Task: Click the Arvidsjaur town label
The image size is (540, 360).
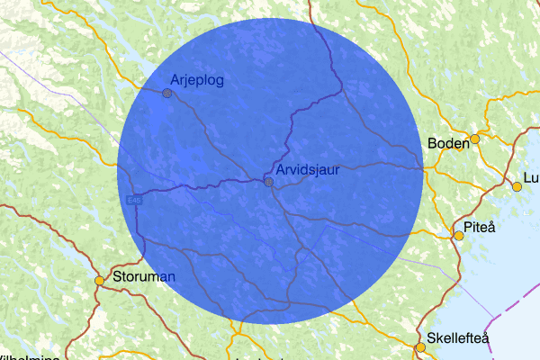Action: (x=309, y=169)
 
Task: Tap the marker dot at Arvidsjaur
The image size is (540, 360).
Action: (x=268, y=182)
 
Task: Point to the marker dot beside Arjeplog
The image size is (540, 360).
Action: (x=166, y=93)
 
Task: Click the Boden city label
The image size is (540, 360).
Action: (x=448, y=142)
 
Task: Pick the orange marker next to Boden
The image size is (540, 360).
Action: (x=475, y=139)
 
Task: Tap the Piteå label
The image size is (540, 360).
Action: (x=479, y=228)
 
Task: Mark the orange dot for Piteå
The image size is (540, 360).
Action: (x=458, y=236)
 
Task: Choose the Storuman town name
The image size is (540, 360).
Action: (x=143, y=276)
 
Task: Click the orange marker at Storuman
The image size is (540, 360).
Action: (x=100, y=281)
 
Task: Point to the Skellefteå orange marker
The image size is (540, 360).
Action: (x=419, y=346)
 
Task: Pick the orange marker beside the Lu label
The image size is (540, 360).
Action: (x=517, y=187)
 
